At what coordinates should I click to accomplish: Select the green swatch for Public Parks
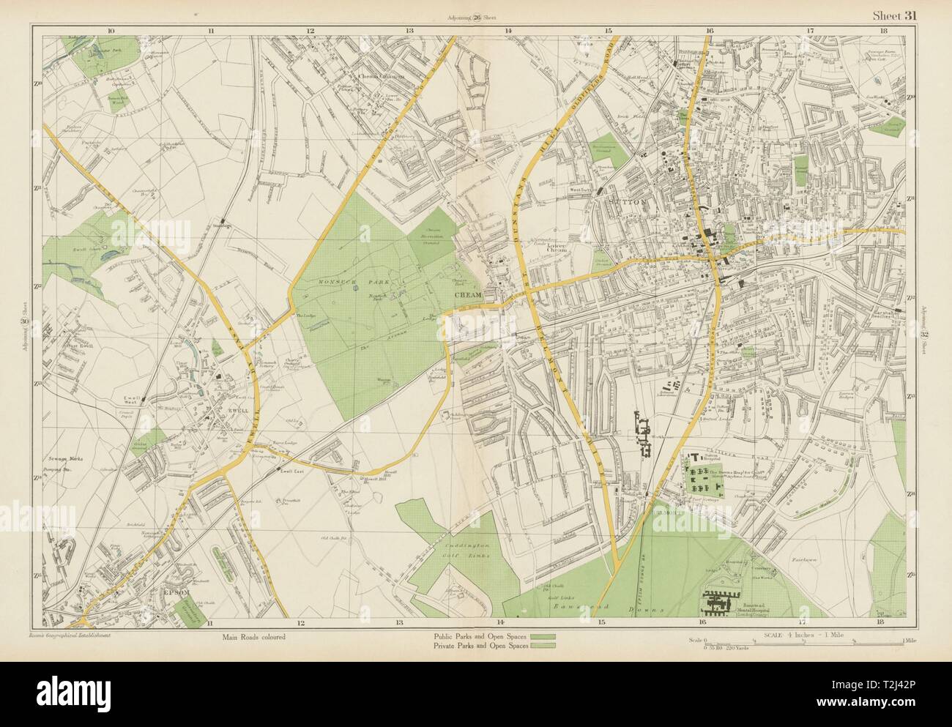(x=543, y=636)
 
